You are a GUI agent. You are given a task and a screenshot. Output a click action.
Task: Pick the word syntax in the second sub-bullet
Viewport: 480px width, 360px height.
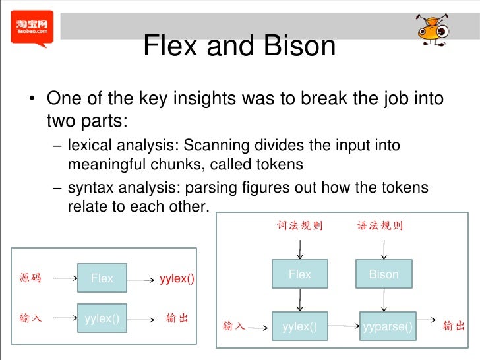pos(88,188)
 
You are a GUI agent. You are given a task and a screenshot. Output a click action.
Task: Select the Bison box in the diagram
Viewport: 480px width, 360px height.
pos(383,275)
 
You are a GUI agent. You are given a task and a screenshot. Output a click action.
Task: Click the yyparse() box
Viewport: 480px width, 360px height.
pos(388,326)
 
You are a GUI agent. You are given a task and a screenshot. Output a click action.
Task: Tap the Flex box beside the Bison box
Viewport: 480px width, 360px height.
pos(299,275)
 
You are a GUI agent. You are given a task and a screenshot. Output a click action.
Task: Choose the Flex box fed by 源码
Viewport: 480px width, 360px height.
pos(102,278)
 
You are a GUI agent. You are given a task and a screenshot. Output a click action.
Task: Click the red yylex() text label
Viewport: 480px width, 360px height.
pos(177,278)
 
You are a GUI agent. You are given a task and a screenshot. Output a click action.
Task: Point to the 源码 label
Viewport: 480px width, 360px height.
pos(30,278)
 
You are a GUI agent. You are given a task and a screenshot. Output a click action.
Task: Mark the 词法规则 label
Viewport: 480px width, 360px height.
pos(299,226)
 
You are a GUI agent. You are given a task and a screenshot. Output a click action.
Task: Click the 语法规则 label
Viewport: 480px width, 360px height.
pos(380,226)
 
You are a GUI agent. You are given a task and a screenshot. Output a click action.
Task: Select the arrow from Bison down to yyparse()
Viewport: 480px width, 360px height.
pos(384,300)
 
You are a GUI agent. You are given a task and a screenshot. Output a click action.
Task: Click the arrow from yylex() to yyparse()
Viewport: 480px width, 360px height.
pos(343,326)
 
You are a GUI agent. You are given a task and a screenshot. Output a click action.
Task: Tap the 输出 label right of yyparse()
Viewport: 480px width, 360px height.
pos(454,326)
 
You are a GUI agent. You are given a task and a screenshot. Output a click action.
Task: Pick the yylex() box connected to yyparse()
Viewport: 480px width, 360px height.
pos(299,326)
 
